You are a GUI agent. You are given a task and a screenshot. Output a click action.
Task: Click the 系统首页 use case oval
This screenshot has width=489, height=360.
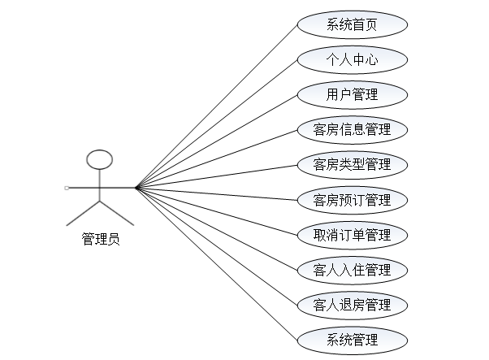coord(352,24)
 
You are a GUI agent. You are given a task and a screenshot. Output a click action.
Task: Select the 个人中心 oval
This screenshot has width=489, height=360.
coord(352,59)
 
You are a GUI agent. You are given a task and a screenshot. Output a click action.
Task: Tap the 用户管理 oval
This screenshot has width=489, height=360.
coord(352,93)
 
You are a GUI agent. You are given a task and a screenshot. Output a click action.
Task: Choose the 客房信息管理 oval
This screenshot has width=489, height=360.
coord(352,129)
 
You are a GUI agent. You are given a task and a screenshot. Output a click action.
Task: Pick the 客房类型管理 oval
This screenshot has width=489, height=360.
coord(352,164)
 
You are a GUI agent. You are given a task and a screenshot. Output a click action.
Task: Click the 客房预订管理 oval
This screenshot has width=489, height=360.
coord(352,199)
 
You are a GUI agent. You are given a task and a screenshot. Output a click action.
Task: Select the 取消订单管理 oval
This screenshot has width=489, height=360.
coord(352,235)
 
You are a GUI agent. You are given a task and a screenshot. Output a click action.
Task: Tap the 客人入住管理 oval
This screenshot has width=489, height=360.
coord(352,270)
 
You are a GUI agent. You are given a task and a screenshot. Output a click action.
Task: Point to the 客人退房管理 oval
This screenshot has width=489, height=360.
coord(352,305)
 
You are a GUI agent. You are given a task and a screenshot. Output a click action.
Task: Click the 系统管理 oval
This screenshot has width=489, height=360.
coord(352,340)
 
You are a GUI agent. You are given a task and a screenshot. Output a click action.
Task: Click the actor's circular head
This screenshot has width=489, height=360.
coord(100,158)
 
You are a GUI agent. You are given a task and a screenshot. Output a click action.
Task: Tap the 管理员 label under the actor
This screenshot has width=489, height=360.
coord(101,239)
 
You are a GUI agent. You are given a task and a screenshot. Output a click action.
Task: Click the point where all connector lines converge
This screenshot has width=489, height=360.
coord(136,188)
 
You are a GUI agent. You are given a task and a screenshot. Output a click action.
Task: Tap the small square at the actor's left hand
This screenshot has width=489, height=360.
coord(67,188)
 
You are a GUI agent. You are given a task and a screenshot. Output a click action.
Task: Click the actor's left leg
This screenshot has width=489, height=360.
coord(84,213)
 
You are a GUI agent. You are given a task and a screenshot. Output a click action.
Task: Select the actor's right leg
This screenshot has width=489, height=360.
coord(117,213)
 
